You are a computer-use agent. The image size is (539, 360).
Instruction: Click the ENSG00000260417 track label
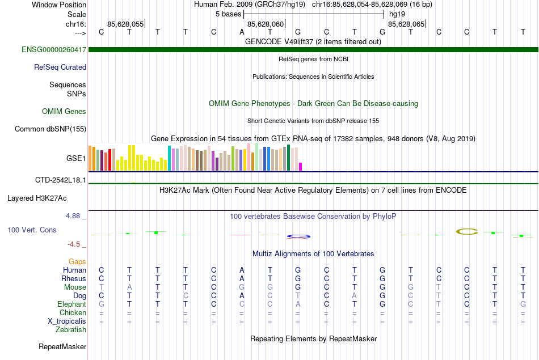point(54,50)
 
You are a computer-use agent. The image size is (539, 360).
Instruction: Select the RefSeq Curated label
point(60,67)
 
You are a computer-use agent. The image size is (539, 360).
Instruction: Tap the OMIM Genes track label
point(64,111)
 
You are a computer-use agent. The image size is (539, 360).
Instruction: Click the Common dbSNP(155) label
point(50,129)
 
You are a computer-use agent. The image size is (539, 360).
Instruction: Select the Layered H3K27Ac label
point(37,198)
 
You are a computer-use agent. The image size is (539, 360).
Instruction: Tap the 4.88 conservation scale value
point(75,216)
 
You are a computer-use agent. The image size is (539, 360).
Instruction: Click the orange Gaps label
point(77,262)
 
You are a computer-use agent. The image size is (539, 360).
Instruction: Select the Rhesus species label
point(74,278)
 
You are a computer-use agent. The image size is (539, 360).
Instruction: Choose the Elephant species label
point(71,304)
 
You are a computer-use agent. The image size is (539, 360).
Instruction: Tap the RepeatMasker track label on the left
point(62,346)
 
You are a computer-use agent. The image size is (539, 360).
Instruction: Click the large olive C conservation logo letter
point(468,231)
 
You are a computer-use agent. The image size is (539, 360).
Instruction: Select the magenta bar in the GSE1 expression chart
point(301,167)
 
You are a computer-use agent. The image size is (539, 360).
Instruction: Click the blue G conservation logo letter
point(298,236)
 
